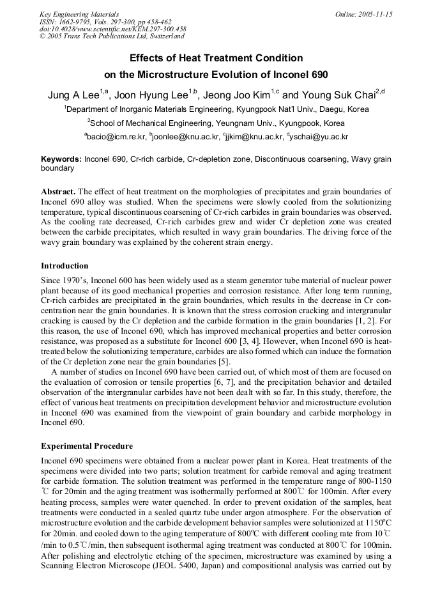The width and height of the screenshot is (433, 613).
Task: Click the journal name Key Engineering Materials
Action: pyautogui.click(x=79, y=14)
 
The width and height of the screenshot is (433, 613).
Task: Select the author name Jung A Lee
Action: pyautogui.click(x=73, y=96)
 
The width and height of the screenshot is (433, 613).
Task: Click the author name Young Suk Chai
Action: pyautogui.click(x=337, y=96)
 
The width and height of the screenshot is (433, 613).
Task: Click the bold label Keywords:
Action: pyautogui.click(x=61, y=159)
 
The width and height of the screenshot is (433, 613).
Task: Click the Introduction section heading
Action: pyautogui.click(x=65, y=266)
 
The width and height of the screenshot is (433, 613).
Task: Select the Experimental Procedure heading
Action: pyautogui.click(x=86, y=446)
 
